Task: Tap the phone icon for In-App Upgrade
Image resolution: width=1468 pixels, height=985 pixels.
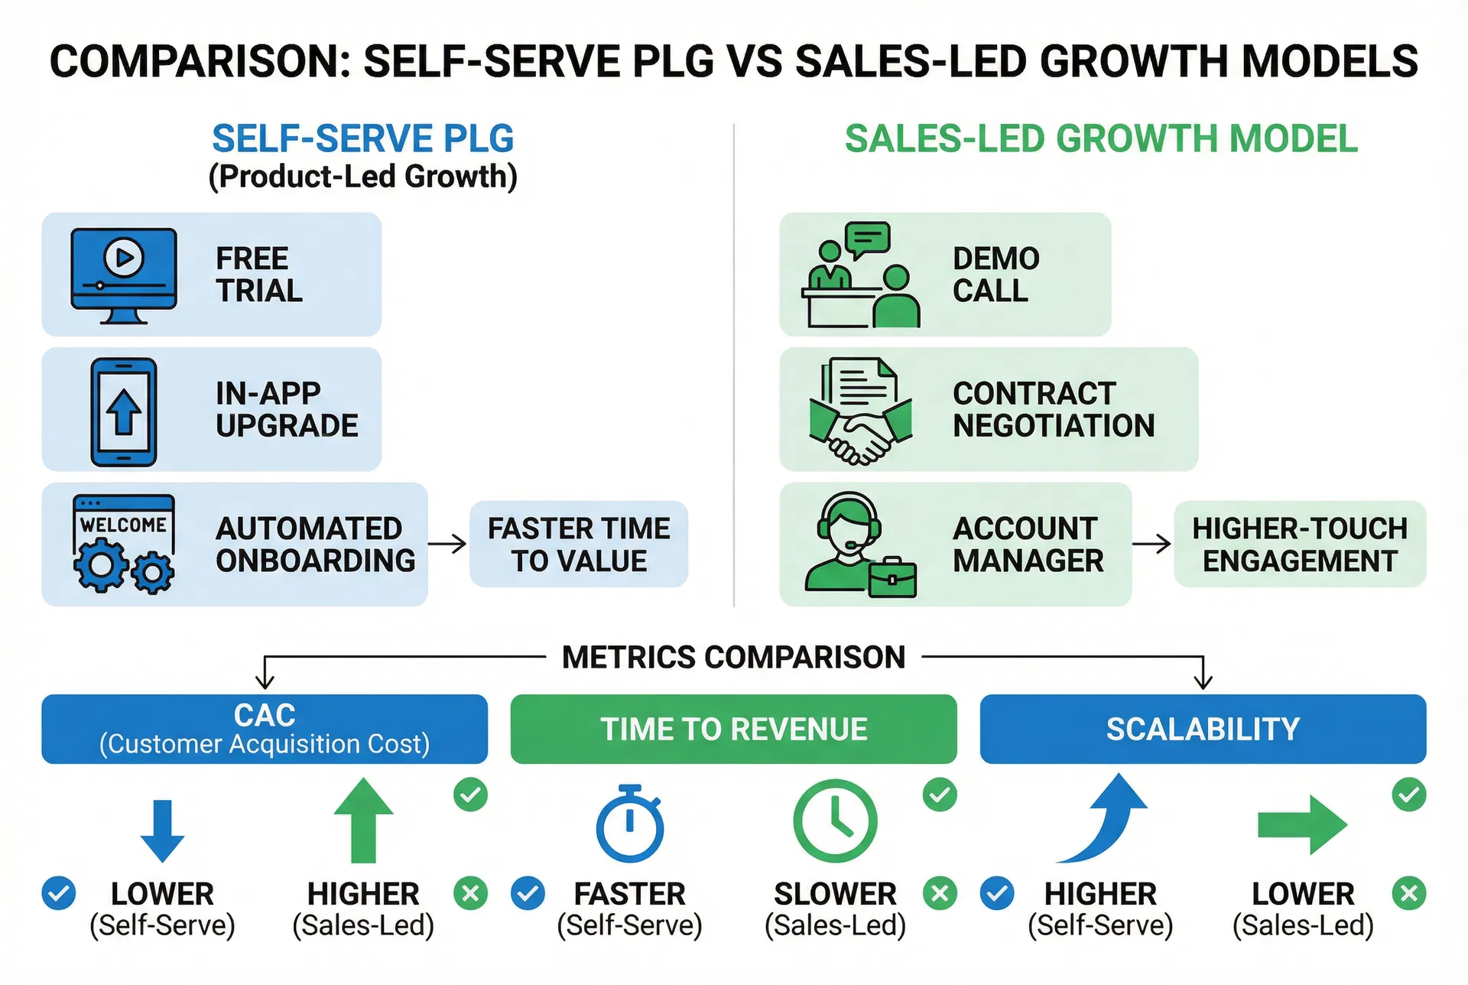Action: click(124, 411)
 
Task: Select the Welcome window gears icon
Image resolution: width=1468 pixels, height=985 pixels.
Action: click(124, 544)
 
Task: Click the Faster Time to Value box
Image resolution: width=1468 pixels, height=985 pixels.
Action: click(579, 545)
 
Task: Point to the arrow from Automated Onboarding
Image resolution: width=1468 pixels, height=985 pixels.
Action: click(447, 544)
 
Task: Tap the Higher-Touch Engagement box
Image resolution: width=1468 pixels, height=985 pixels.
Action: click(1300, 545)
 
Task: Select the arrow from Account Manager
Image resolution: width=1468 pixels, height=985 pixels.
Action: click(1151, 544)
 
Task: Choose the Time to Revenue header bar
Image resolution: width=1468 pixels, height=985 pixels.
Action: click(733, 729)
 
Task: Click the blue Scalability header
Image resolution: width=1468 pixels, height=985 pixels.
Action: click(1203, 729)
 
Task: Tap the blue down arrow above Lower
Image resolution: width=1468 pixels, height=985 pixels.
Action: click(162, 831)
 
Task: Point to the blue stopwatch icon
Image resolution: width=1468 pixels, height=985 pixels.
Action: click(630, 824)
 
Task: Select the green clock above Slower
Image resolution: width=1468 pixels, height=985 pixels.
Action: click(835, 821)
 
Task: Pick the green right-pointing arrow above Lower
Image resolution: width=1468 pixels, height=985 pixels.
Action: click(1302, 824)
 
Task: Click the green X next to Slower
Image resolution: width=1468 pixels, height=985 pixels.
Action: click(940, 893)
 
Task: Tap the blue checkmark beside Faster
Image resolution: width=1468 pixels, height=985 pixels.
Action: click(528, 893)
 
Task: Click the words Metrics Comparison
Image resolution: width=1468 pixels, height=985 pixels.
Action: click(733, 657)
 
